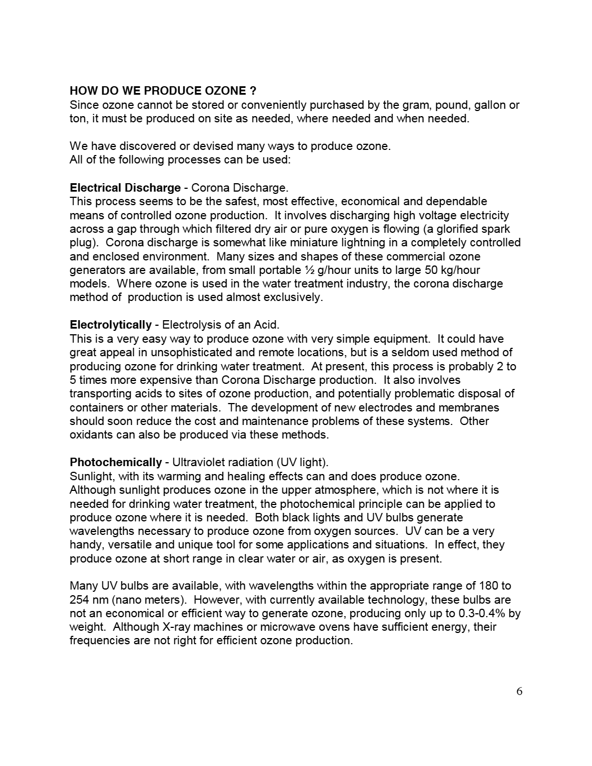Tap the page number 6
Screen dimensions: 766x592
(519, 692)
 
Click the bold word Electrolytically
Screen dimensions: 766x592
(111, 325)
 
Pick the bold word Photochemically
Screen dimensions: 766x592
(116, 462)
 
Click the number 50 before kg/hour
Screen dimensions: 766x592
(420, 270)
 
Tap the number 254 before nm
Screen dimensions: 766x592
(79, 600)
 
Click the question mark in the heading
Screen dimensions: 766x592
(253, 91)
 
